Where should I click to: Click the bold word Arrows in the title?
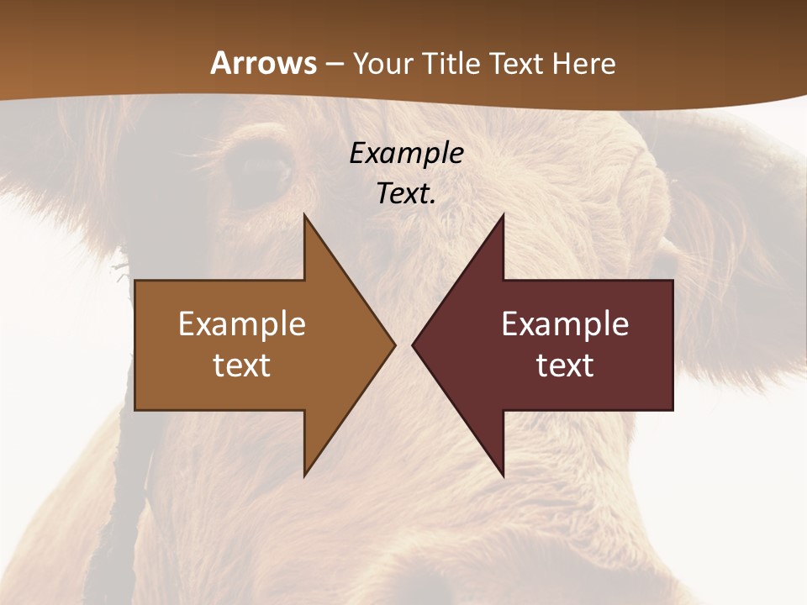point(264,63)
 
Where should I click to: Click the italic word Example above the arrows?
point(406,154)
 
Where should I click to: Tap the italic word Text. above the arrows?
point(406,193)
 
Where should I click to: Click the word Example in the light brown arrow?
point(242,324)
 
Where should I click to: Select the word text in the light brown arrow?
point(242,365)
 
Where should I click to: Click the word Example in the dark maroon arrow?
point(565,324)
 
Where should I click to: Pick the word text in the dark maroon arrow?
point(565,365)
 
